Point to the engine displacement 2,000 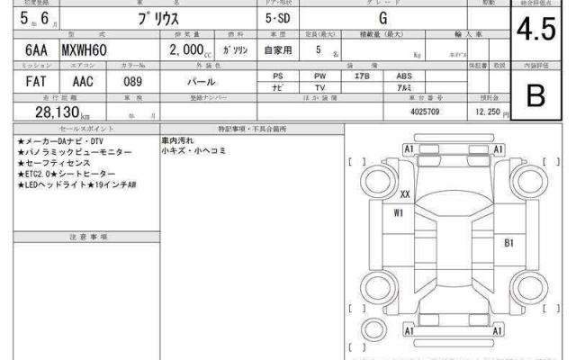(185, 51)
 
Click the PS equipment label (277, 76)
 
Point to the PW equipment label (319, 76)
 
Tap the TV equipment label (319, 88)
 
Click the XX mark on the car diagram (405, 194)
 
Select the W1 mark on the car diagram (398, 212)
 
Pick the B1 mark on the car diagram (508, 243)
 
